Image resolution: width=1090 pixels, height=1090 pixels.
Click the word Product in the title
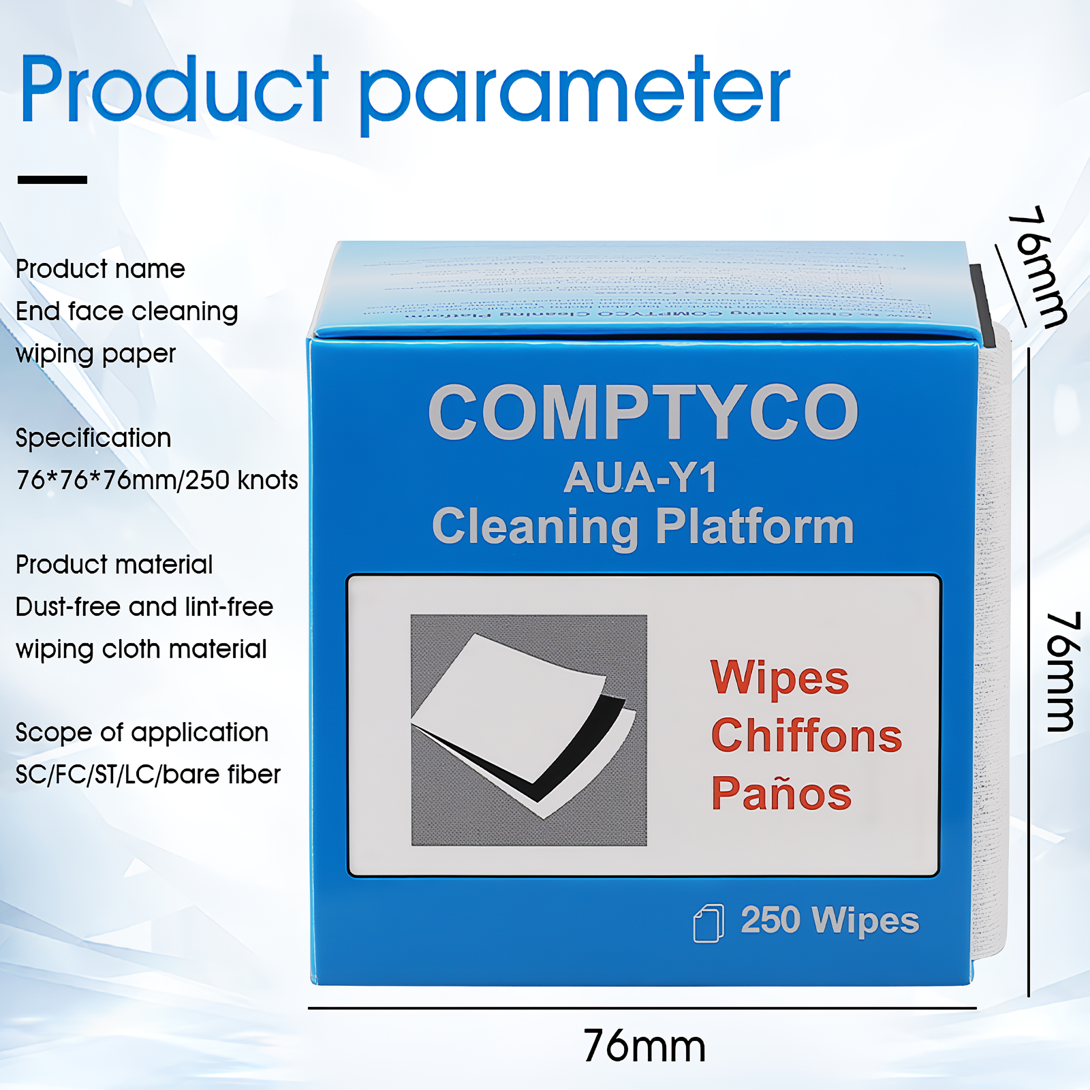174,90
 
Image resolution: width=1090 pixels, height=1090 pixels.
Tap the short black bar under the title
52,180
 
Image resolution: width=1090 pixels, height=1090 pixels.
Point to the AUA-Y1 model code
640,478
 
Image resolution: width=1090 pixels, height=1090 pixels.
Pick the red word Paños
781,793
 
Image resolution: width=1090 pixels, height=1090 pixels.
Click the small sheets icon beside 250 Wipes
708,923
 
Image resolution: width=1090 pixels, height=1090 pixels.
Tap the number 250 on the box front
770,920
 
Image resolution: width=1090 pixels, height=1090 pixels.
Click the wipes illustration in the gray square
529,730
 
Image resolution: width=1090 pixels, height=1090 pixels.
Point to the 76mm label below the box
644,1046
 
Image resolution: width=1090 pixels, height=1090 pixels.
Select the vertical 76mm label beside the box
1061,672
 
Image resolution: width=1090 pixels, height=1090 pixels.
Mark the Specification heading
93,438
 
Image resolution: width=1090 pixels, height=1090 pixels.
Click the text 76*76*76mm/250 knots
157,480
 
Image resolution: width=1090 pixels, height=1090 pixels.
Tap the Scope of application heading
142,732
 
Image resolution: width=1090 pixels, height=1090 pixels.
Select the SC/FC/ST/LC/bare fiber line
148,775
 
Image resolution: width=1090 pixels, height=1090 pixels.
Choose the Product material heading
114,565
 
